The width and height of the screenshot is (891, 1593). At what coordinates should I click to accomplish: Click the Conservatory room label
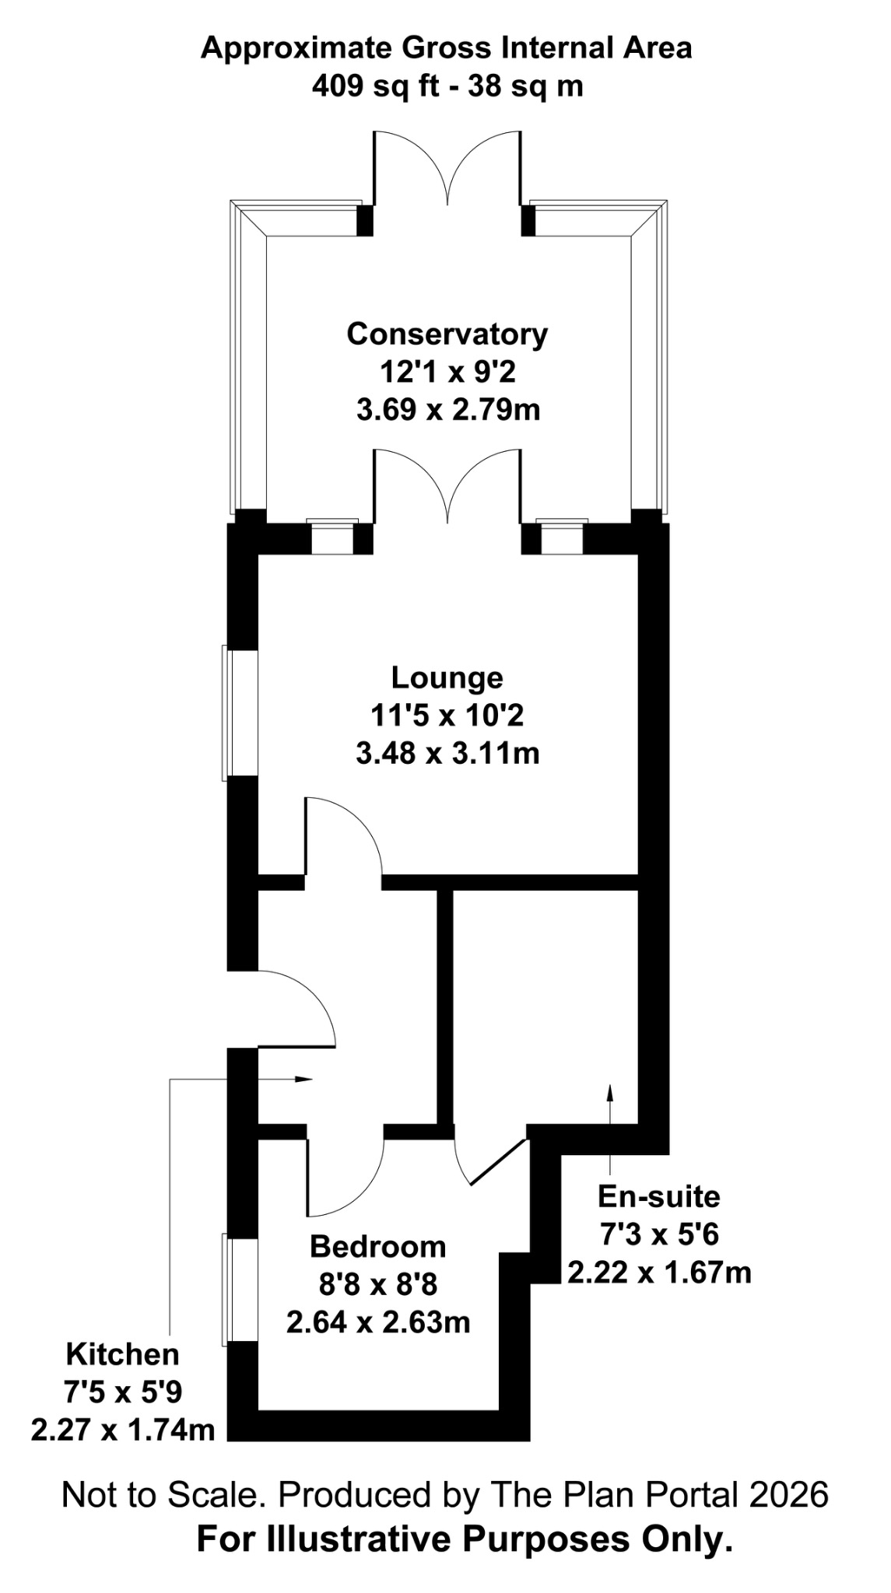[447, 334]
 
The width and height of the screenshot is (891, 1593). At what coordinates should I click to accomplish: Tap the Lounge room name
[447, 677]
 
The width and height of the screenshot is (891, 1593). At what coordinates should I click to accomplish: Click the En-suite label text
[658, 1196]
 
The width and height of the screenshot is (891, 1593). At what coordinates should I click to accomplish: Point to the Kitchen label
[122, 1354]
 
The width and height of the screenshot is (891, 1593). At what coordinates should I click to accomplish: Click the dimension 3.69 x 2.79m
[448, 409]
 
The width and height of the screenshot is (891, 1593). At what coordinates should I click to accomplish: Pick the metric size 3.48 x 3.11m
[447, 753]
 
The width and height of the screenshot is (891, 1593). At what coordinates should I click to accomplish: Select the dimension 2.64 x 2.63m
[378, 1322]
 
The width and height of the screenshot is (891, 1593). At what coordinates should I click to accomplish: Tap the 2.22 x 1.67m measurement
[659, 1272]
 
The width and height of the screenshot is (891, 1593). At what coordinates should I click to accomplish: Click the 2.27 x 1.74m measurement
[123, 1430]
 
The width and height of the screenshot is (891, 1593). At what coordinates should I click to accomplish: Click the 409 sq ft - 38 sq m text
[447, 86]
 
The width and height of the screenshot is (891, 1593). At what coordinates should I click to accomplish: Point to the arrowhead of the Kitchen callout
[305, 1079]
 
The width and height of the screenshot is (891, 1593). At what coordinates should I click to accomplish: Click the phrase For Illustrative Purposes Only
[465, 1539]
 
